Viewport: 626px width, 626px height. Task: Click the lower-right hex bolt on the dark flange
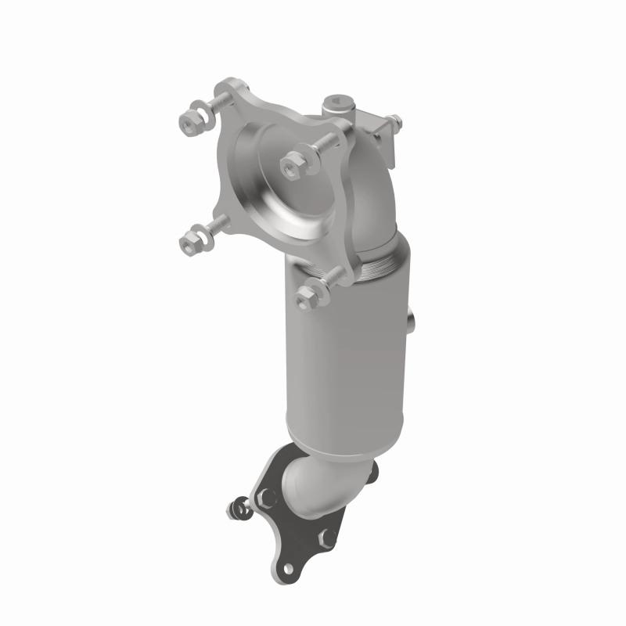(328, 538)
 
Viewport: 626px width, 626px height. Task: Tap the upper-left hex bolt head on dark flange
(268, 495)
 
